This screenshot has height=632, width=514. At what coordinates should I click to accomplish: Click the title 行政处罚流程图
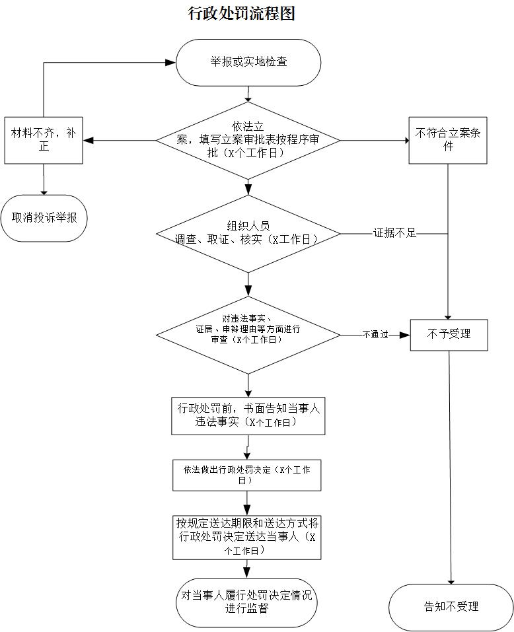(x=241, y=13)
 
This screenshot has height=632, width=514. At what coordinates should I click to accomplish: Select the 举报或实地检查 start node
(x=248, y=62)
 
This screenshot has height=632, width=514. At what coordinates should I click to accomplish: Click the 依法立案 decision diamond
(x=248, y=140)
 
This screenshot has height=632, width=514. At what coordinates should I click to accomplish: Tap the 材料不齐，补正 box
(x=44, y=140)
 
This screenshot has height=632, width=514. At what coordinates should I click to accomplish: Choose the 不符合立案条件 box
(x=448, y=140)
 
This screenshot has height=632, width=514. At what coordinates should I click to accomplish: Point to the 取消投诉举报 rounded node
(x=44, y=217)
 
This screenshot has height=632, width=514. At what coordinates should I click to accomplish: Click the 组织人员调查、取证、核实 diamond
(x=248, y=234)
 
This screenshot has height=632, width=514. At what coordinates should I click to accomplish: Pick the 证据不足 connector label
(x=395, y=233)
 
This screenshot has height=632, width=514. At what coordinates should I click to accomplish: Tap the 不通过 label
(x=375, y=335)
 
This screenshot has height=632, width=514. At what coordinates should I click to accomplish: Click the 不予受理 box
(x=449, y=334)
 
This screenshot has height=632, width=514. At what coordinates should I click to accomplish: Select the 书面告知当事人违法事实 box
(x=248, y=416)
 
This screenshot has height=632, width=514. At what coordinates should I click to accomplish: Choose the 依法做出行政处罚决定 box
(x=247, y=475)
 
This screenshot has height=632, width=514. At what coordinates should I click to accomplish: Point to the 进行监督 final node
(x=246, y=602)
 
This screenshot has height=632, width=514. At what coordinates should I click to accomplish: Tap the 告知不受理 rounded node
(x=451, y=607)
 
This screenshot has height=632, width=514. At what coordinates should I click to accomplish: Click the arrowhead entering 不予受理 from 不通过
(x=405, y=335)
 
